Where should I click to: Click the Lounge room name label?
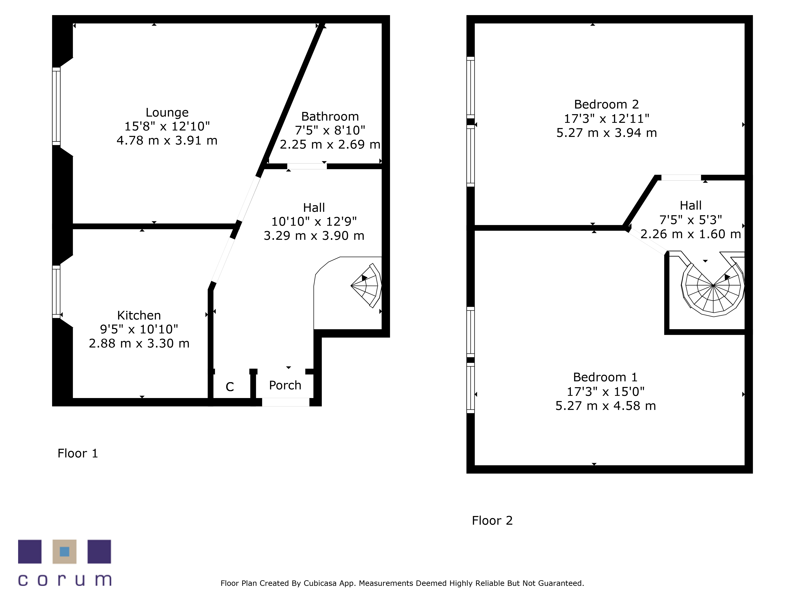[167, 113]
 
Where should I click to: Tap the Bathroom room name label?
[330, 117]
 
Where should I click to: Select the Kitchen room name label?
[139, 315]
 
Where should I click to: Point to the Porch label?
[285, 385]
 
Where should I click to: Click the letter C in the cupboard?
[230, 387]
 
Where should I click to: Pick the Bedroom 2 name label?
[606, 104]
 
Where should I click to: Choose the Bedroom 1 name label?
[605, 377]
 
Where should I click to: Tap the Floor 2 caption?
[492, 521]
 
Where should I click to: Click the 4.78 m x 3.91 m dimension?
[167, 141]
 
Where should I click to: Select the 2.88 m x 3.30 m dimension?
[139, 343]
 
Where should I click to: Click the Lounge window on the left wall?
[56, 106]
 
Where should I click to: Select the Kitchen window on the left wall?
[56, 292]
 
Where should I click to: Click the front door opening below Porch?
[286, 402]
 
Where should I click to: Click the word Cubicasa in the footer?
[320, 583]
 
